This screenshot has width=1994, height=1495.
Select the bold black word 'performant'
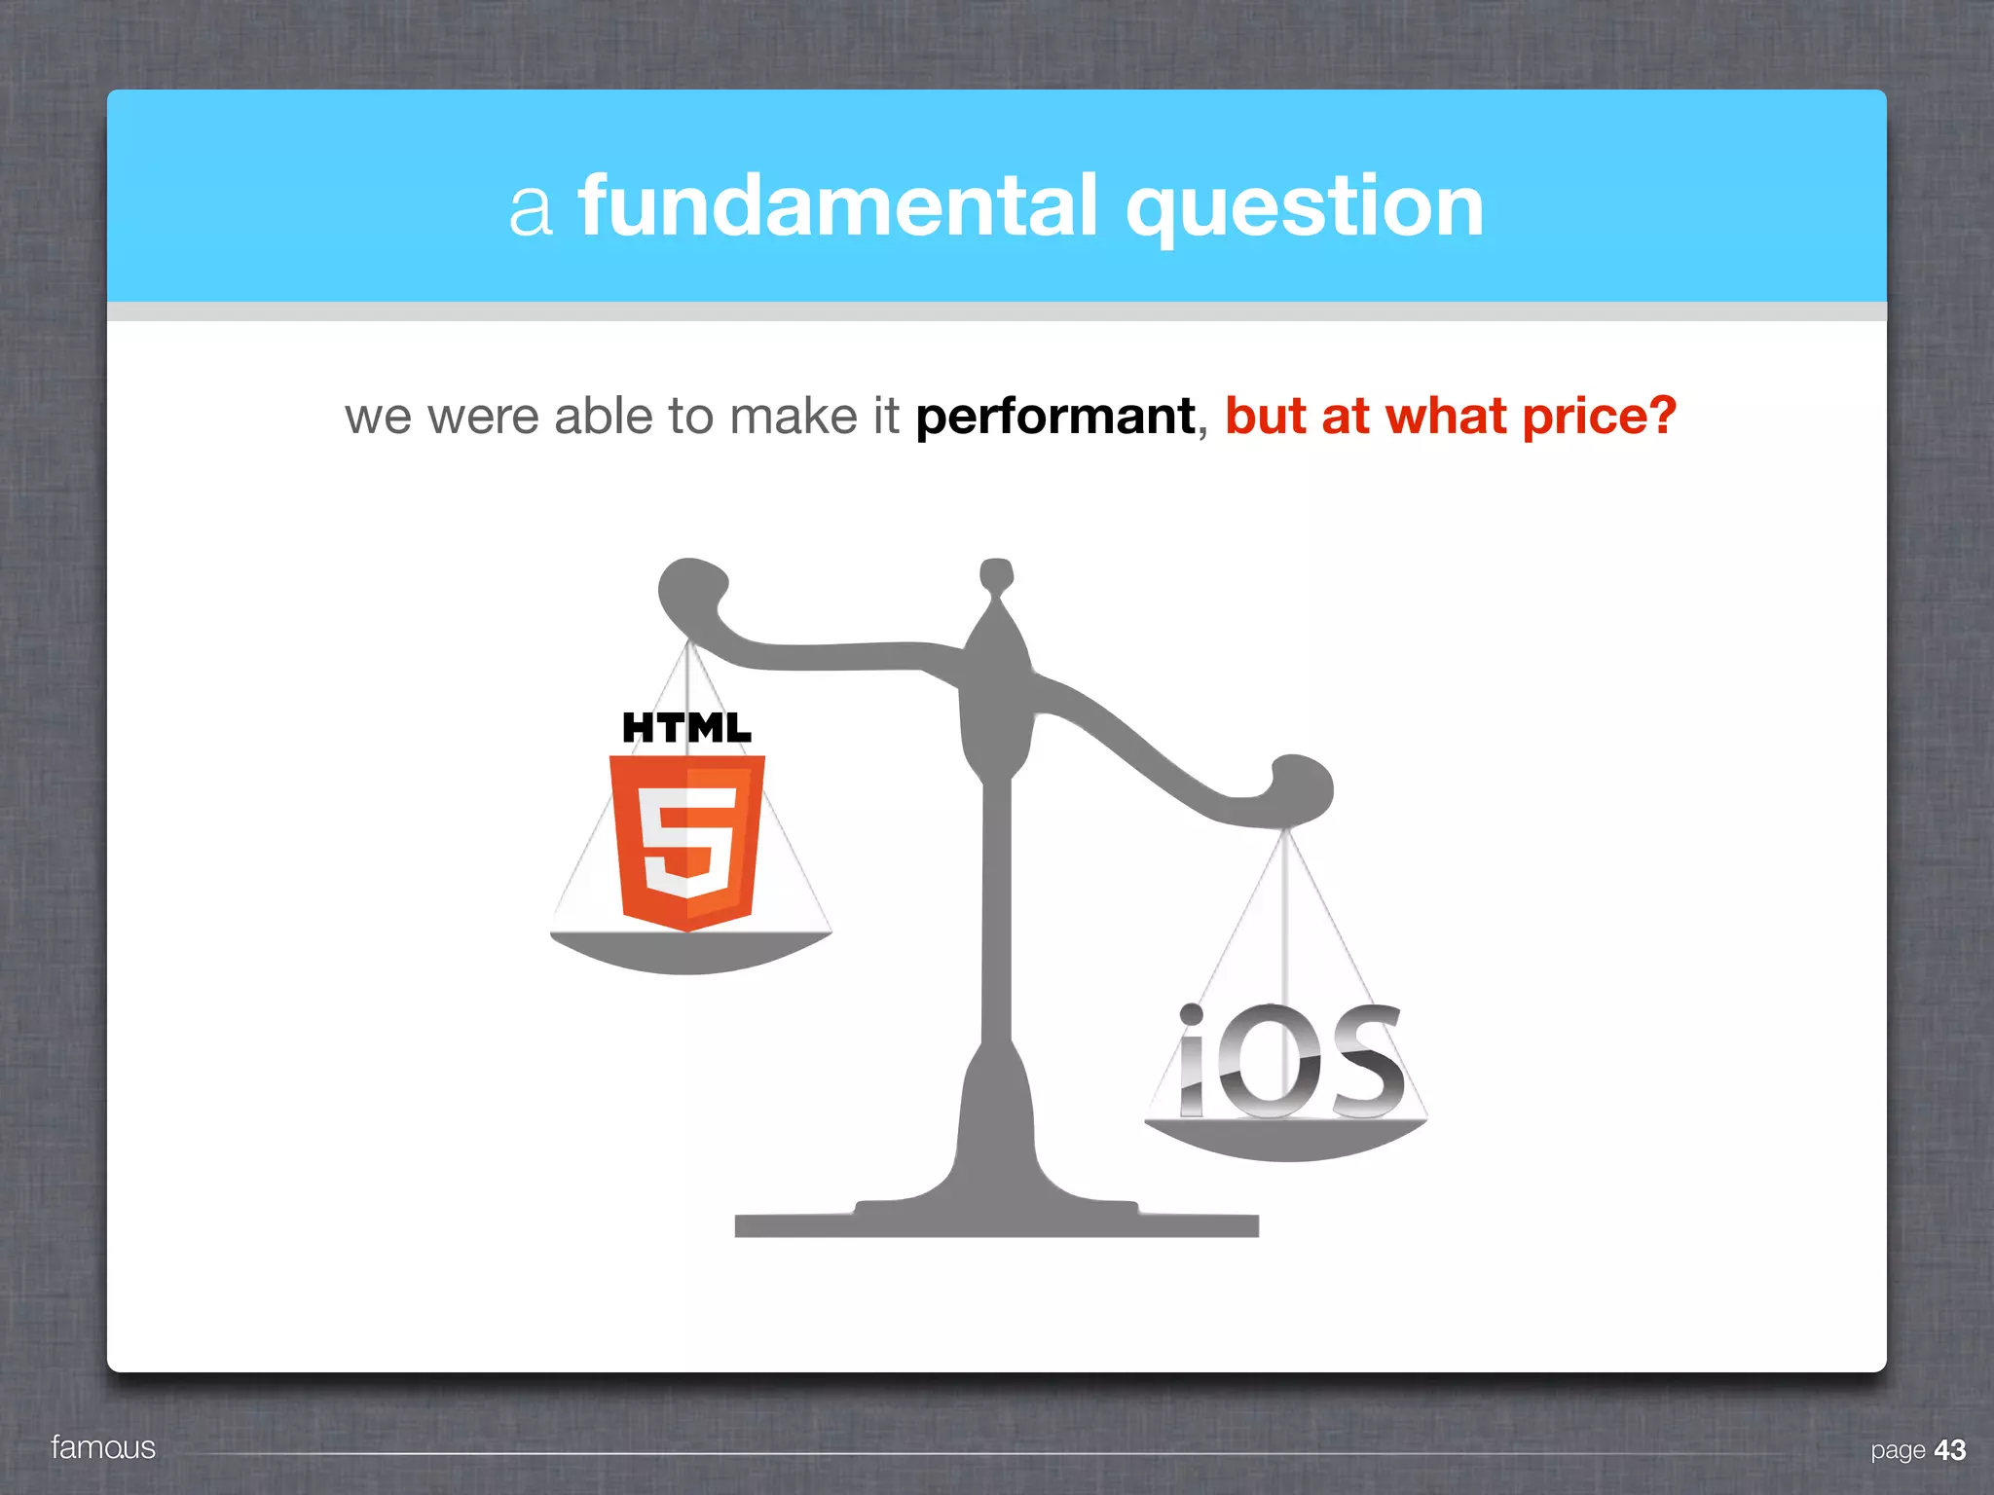pyautogui.click(x=1055, y=418)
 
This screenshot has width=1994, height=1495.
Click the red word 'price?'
pyautogui.click(x=1599, y=418)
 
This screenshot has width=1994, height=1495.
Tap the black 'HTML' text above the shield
pyautogui.click(x=686, y=727)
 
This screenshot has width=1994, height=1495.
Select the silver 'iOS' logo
pyautogui.click(x=1291, y=1063)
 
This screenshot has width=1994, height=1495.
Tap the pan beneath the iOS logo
pyautogui.click(x=1285, y=1140)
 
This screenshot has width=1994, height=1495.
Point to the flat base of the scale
pyautogui.click(x=996, y=1224)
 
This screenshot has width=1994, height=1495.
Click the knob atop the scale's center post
pyautogui.click(x=996, y=574)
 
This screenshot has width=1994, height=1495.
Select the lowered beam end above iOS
pyautogui.click(x=1302, y=786)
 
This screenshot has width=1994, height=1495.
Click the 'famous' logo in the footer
pyautogui.click(x=103, y=1447)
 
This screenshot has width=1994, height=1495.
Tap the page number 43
pyautogui.click(x=1949, y=1450)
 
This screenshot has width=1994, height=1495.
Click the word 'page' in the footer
pyautogui.click(x=1898, y=1451)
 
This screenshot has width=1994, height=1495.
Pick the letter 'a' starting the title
pyautogui.click(x=532, y=208)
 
